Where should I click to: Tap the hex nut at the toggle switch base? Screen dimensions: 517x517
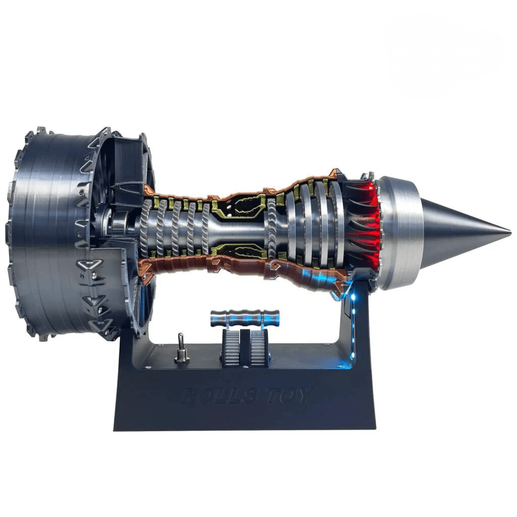click(181, 356)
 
